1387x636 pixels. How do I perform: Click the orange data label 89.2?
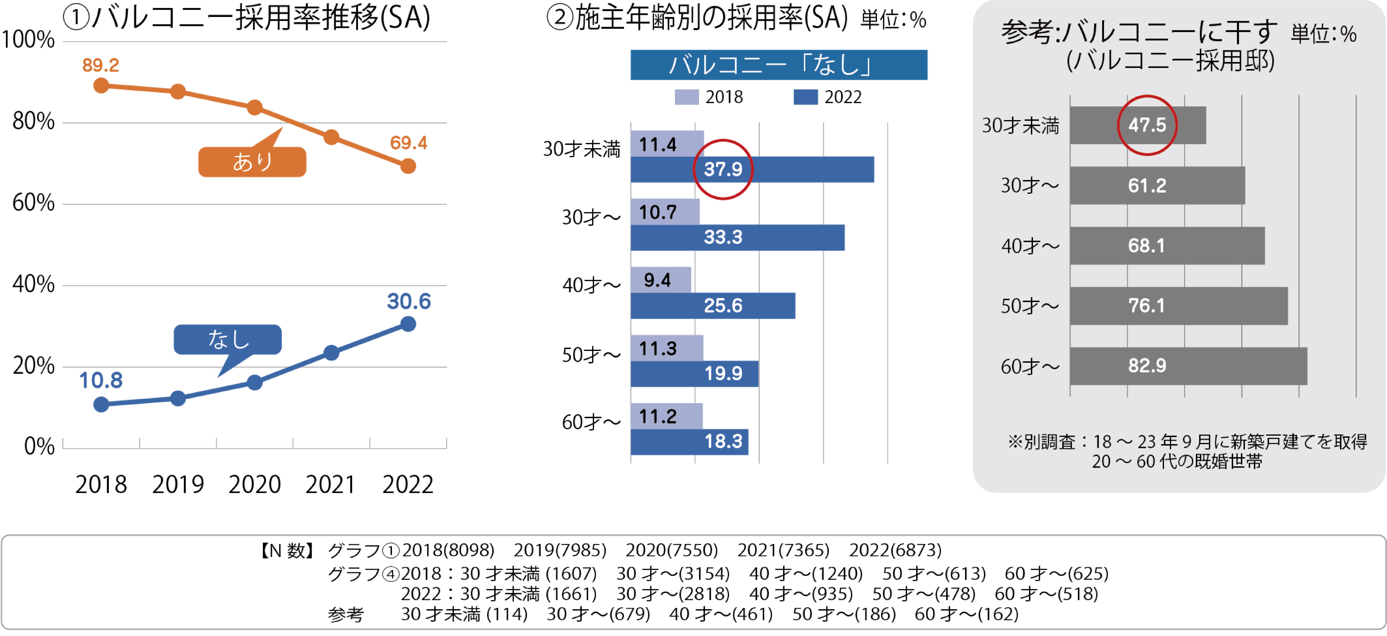click(101, 65)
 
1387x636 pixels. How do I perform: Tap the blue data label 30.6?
click(409, 301)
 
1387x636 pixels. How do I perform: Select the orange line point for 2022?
click(408, 166)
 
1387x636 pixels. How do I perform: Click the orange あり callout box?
click(252, 162)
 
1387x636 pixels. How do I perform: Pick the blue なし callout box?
click(228, 339)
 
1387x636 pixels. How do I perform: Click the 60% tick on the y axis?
click(33, 203)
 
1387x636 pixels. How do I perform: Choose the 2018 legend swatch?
click(687, 97)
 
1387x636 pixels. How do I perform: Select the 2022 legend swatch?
click(805, 97)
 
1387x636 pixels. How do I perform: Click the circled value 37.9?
click(723, 169)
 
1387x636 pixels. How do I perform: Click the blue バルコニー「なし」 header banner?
click(779, 65)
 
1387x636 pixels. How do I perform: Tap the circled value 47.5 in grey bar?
click(1147, 125)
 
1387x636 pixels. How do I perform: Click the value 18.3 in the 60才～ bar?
click(723, 442)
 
